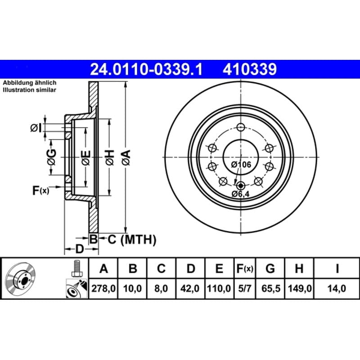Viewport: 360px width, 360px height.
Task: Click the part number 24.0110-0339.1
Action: click(x=146, y=69)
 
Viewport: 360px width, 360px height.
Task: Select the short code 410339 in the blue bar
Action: click(x=250, y=69)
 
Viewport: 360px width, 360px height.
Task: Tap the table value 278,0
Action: click(x=103, y=288)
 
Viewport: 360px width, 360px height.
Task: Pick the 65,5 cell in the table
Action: click(x=271, y=288)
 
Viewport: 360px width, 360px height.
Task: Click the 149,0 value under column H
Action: click(x=300, y=288)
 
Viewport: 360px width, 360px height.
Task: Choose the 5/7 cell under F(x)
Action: click(x=245, y=288)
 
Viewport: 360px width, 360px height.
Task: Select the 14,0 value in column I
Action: click(x=337, y=288)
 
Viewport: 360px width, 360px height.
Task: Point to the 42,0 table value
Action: click(x=189, y=288)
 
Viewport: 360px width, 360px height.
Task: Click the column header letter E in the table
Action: click(x=219, y=268)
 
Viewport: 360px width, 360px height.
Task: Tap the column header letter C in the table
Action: click(x=161, y=268)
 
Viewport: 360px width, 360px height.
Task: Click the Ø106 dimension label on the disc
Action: click(x=241, y=164)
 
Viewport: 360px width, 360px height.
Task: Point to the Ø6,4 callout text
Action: click(x=240, y=194)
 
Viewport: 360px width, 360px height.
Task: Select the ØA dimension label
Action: click(x=126, y=157)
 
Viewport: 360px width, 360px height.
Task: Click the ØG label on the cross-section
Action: click(x=52, y=157)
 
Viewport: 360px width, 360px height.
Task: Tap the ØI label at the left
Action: click(x=36, y=128)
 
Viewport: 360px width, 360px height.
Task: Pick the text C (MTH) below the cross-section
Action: click(x=132, y=239)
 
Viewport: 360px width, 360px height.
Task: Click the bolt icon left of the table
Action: click(x=76, y=269)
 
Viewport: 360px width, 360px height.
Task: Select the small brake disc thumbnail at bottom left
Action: click(x=20, y=277)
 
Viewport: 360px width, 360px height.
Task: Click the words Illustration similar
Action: click(x=29, y=90)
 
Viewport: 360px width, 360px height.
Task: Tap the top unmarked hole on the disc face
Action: click(x=241, y=127)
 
